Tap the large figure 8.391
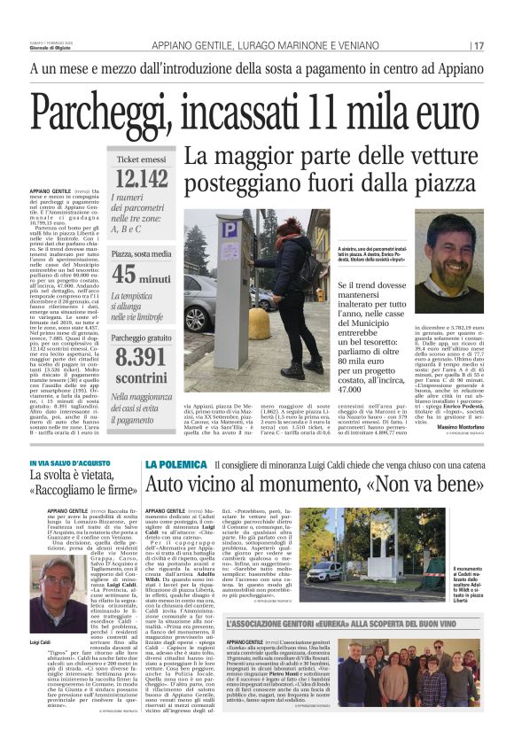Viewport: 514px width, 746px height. click(x=141, y=357)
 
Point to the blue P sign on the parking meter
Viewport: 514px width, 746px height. click(x=230, y=229)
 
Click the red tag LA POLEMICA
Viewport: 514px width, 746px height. click(x=177, y=464)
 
